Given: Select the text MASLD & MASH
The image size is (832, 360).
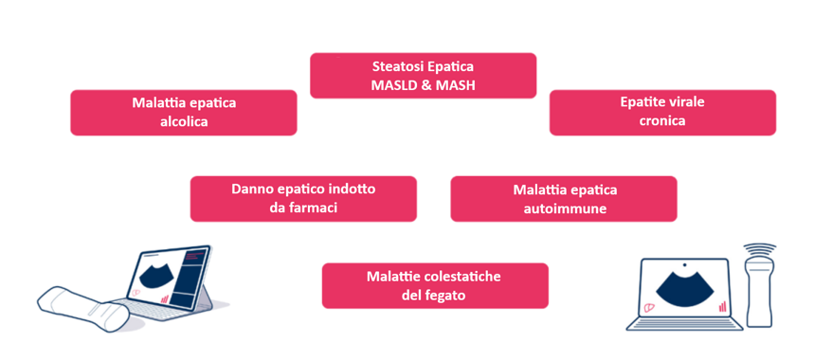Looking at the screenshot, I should [424, 86].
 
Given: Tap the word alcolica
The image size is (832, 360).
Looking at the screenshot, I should [184, 121].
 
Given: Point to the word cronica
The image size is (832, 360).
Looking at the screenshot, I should [662, 121].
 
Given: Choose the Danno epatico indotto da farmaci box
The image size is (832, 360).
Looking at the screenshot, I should [303, 198].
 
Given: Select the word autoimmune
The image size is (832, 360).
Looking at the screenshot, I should [564, 207].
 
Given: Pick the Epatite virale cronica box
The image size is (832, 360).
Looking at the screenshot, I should [662, 112].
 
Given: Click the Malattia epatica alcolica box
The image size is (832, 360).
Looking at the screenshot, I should [184, 112].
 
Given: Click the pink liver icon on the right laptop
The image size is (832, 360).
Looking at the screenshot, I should [649, 306].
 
